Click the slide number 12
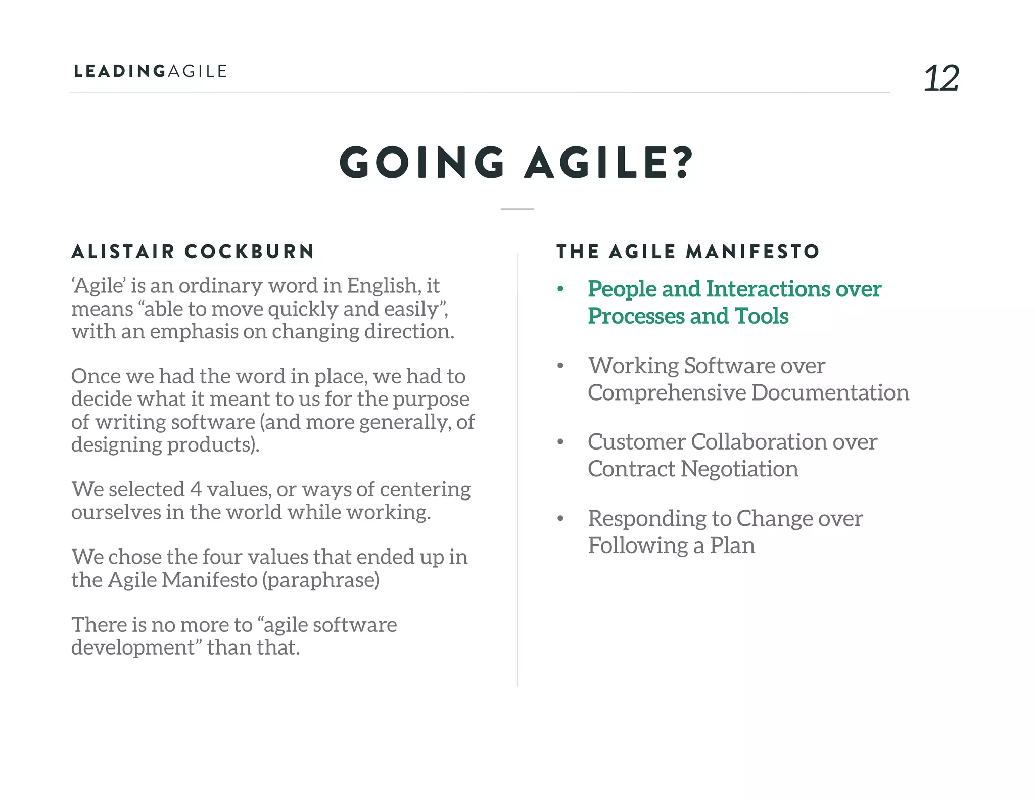point(941,78)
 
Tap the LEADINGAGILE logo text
point(151,71)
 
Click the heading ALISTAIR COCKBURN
point(193,252)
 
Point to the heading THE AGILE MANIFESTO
point(688,252)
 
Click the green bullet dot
point(560,289)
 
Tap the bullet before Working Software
point(560,366)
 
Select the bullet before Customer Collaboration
point(560,442)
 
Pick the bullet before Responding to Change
point(560,519)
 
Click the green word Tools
point(762,316)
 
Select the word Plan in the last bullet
point(732,545)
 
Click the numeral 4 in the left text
point(196,489)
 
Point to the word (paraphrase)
point(320,580)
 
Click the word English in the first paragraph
point(382,286)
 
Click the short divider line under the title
point(517,209)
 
